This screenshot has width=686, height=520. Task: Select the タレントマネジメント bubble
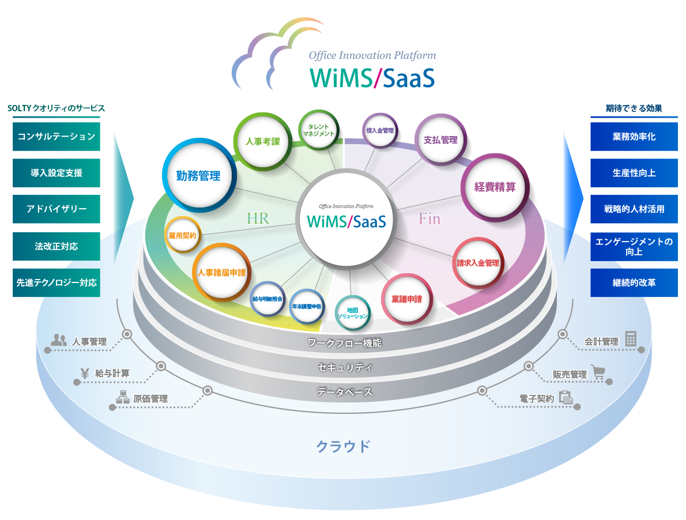point(318,131)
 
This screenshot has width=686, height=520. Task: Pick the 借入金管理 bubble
point(380,131)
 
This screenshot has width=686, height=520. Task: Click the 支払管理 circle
point(440,140)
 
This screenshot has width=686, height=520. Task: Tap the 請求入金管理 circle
point(478,263)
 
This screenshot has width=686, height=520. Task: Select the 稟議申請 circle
point(406,299)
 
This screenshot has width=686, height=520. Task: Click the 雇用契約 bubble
point(182,236)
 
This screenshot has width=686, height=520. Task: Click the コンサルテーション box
point(56,137)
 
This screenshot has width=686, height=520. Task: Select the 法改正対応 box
point(56,246)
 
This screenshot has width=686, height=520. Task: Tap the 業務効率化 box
point(634,137)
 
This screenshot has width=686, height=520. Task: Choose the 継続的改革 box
point(634,283)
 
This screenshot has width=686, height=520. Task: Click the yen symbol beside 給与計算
point(85,373)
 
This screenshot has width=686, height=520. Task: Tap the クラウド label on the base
point(342,446)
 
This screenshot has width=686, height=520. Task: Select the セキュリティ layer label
point(345,367)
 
